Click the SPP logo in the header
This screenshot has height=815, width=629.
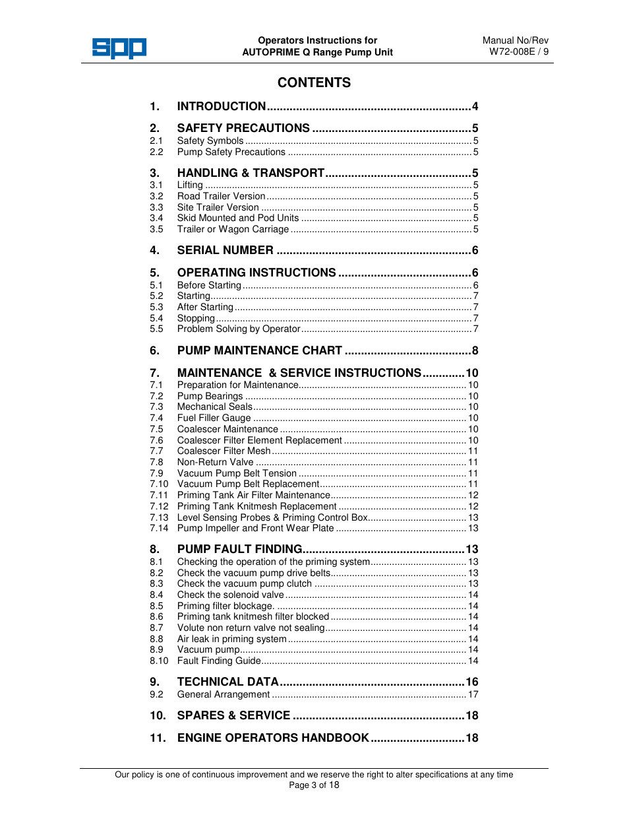coord(119,48)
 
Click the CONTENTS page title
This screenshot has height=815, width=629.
coord(314,82)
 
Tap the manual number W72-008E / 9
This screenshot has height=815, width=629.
coord(518,51)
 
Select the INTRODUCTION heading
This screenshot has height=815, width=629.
coord(222,106)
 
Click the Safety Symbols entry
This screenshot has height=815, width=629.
coord(210,141)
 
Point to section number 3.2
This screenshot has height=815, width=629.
coord(156,196)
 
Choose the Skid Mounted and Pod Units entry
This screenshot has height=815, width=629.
coord(238,218)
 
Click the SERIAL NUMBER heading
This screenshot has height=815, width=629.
coord(225,250)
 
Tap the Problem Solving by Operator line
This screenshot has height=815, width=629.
coord(239,329)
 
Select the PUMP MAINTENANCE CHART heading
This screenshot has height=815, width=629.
coord(260,350)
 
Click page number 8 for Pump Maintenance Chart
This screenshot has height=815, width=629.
coord(475,350)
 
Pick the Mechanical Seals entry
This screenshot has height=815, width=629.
coord(214,407)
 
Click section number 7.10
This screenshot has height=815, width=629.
coord(159,484)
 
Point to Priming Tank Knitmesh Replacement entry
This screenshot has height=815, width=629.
coord(256,506)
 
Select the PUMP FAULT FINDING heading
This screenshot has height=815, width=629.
coord(239,549)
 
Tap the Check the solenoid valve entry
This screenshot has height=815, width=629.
coord(230,595)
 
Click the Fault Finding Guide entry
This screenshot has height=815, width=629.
coord(219,661)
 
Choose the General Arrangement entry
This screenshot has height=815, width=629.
coord(224,694)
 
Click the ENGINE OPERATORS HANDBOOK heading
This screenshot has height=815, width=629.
coord(273,738)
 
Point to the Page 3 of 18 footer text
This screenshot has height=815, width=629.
coord(314,785)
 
